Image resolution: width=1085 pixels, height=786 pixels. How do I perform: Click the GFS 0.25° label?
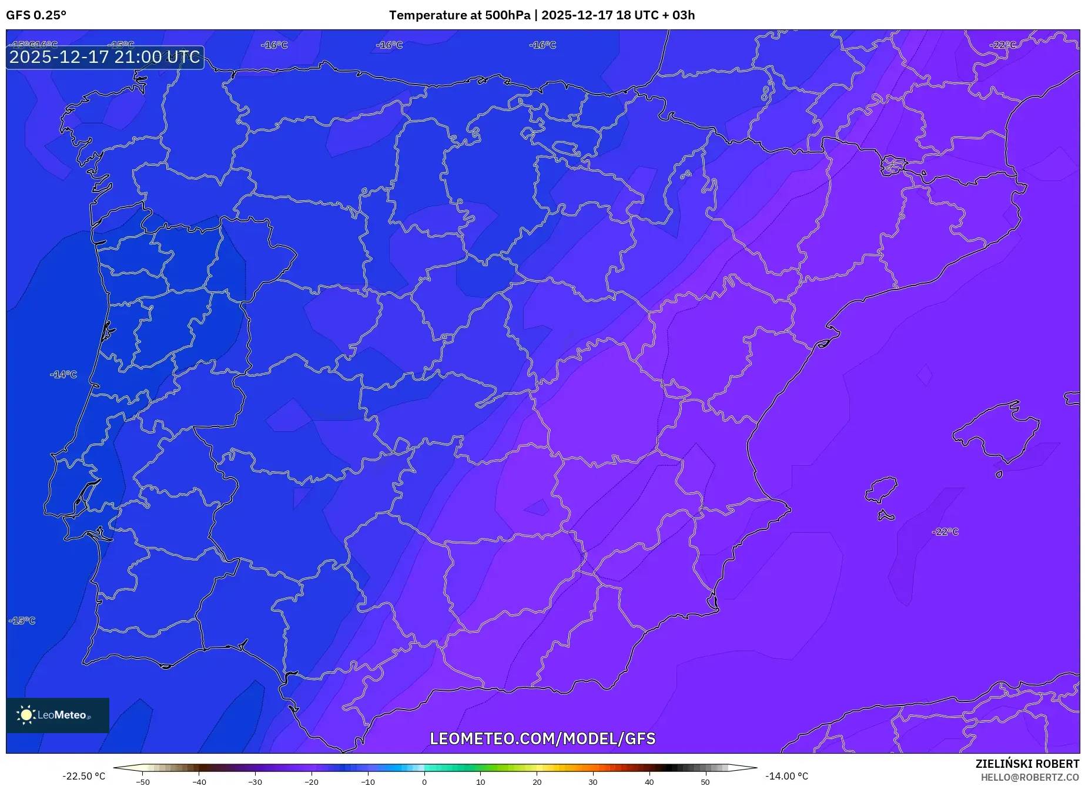coord(36,15)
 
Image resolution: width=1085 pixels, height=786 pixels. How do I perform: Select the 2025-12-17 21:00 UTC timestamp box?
coord(105,58)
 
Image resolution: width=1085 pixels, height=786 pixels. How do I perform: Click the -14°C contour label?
coord(63,375)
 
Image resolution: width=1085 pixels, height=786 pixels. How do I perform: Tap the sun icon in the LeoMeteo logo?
coord(26,715)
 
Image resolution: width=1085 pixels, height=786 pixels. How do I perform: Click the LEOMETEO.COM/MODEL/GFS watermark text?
coord(542,739)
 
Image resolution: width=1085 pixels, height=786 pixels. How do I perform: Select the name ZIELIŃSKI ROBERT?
coord(1027,764)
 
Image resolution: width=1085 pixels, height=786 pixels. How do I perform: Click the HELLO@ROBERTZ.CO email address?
coord(1030,777)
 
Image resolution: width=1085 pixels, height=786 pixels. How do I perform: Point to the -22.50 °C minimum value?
coord(84,777)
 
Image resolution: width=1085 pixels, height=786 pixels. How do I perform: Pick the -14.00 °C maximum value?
coord(786,777)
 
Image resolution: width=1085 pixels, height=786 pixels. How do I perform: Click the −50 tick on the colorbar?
coord(143,782)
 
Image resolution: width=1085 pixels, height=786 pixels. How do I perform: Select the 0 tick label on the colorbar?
coord(424,782)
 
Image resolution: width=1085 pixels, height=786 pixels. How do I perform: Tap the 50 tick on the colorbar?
coord(705,782)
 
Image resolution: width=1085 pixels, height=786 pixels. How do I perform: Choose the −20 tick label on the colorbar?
coord(312,782)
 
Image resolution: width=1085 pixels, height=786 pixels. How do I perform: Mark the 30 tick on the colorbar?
coord(592,782)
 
